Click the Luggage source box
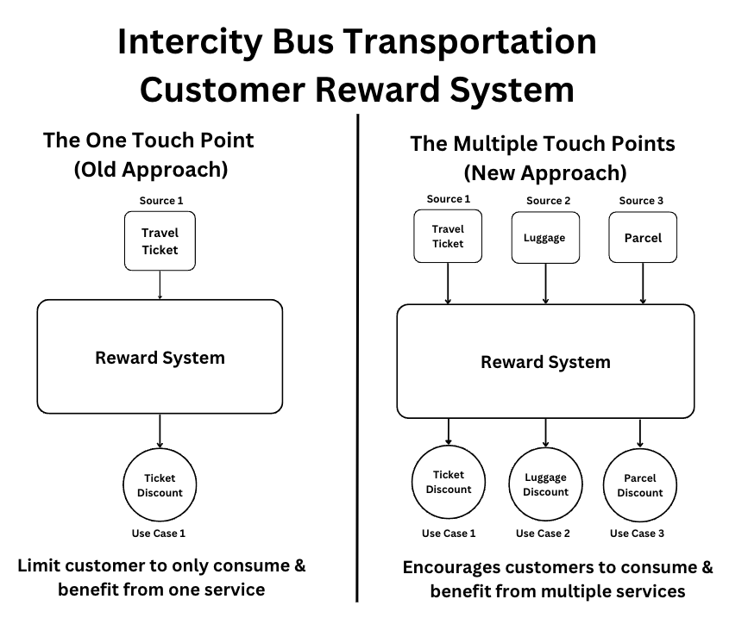coord(545,238)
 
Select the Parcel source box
coord(643,237)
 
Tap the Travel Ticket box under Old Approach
coord(160,241)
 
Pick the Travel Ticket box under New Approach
coord(448,236)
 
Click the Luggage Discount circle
coord(546,484)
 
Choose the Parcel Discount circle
coord(639,485)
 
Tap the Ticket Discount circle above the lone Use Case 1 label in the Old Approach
coord(160,485)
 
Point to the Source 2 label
coord(548,201)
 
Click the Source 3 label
coord(641,201)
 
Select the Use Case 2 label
coord(543,534)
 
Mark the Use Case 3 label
coord(637,534)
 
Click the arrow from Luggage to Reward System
coord(546,284)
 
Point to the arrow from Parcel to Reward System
coord(643,283)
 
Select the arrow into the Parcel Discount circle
coord(639,434)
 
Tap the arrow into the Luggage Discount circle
coord(546,433)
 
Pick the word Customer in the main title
coord(223,90)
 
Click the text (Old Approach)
coord(151,170)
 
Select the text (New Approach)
coord(545,173)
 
